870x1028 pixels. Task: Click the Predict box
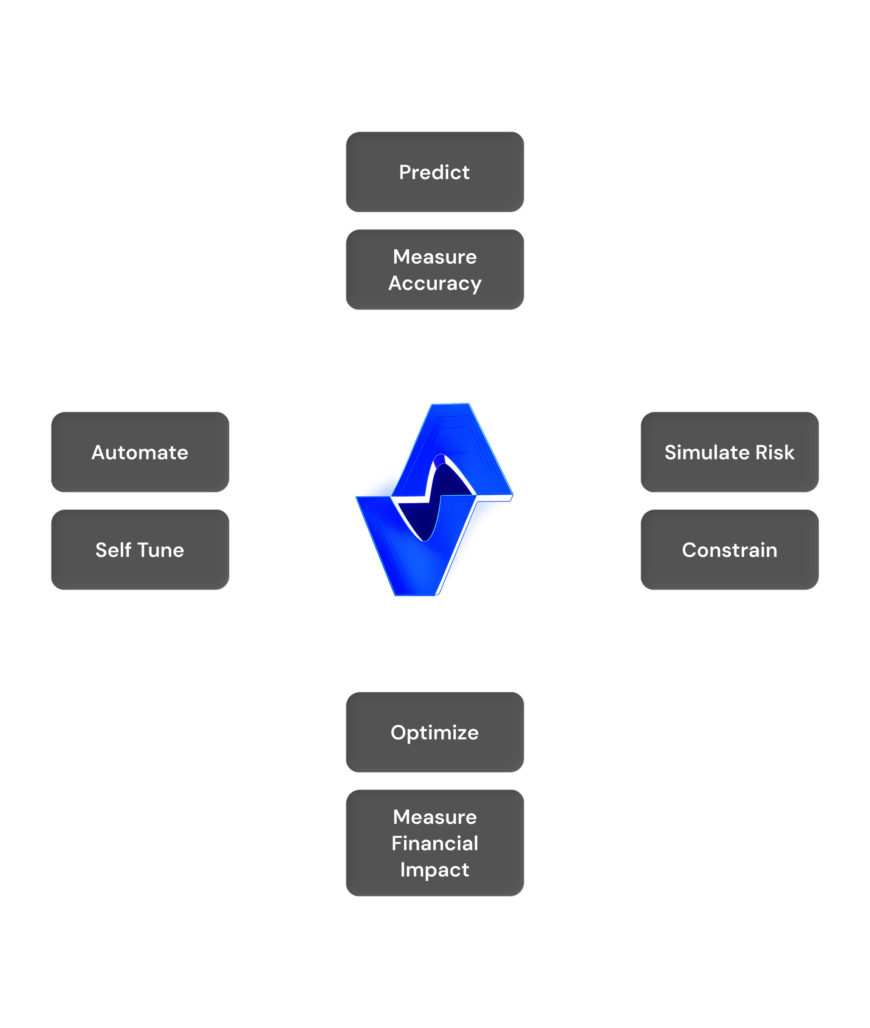pyautogui.click(x=435, y=172)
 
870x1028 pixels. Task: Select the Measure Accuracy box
pyautogui.click(x=435, y=270)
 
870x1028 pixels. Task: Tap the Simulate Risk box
pyautogui.click(x=729, y=452)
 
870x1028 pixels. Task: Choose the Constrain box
pyautogui.click(x=729, y=550)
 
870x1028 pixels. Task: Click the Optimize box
pyautogui.click(x=435, y=732)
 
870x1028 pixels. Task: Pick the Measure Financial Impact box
pyautogui.click(x=435, y=843)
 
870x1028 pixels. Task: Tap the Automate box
pyautogui.click(x=140, y=452)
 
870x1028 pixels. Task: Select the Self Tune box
pyautogui.click(x=140, y=550)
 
